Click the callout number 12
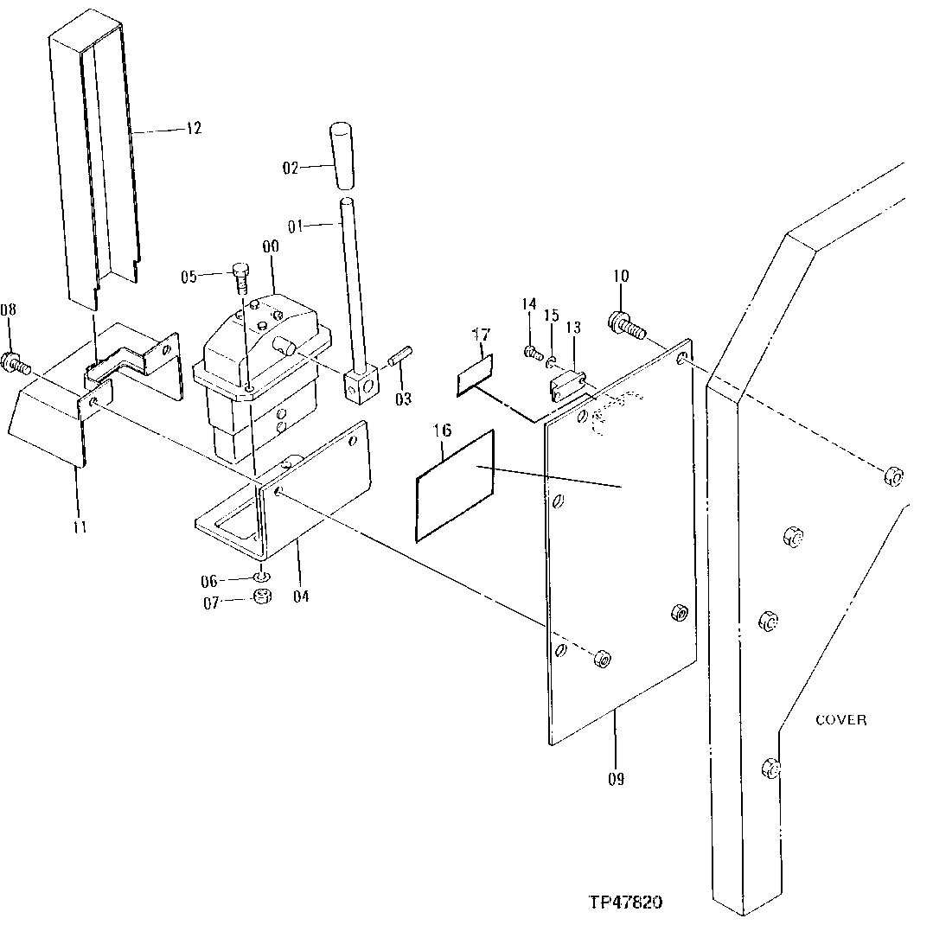click(x=192, y=129)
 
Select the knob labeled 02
click(x=342, y=156)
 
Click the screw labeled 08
click(x=262, y=577)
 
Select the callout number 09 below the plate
click(x=615, y=778)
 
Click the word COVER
click(x=840, y=720)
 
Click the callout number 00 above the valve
click(x=271, y=246)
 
